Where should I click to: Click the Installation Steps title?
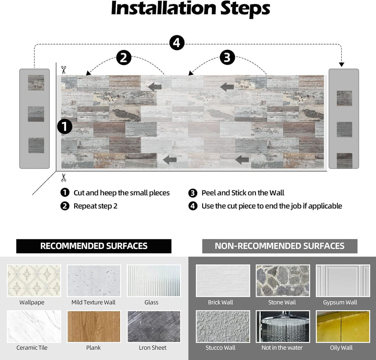190,9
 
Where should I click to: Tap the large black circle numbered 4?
177,43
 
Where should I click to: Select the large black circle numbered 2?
124,58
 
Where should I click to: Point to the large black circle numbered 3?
227,58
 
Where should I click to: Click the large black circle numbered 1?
65,127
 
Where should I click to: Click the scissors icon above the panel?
63,70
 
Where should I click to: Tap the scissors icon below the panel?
63,178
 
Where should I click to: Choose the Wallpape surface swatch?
34,281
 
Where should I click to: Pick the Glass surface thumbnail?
154,281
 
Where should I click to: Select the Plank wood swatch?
94,327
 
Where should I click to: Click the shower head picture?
282,327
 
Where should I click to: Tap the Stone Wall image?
282,281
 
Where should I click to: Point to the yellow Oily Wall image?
343,327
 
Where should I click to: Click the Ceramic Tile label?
32,347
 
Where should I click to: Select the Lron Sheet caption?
152,347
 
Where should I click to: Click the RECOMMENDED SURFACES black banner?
94,246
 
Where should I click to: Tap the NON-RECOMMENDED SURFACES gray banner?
280,246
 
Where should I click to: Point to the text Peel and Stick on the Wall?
243,193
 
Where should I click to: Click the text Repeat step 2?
95,206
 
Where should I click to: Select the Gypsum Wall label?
340,302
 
